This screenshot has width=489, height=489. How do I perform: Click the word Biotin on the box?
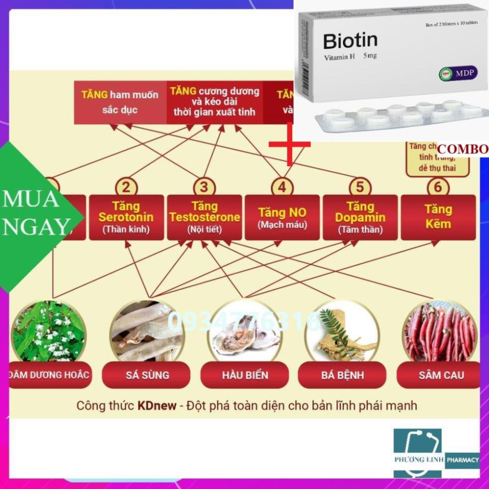(x=350, y=41)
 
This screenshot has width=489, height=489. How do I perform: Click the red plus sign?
(x=289, y=144)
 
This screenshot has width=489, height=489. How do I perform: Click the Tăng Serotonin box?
(x=126, y=217)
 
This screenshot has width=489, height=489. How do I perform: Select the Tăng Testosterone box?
(x=204, y=217)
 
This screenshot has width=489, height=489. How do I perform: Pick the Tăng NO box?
(x=282, y=217)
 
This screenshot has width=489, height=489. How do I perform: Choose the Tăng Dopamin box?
(x=360, y=217)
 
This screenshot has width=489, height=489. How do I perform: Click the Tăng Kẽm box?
(x=438, y=217)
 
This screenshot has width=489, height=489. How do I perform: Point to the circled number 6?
(x=438, y=187)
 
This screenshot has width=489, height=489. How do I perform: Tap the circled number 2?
(x=126, y=187)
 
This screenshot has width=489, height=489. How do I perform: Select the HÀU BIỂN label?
(x=245, y=376)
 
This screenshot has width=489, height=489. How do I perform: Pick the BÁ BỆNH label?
(x=343, y=376)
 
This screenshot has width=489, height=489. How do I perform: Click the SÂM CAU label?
(x=441, y=376)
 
